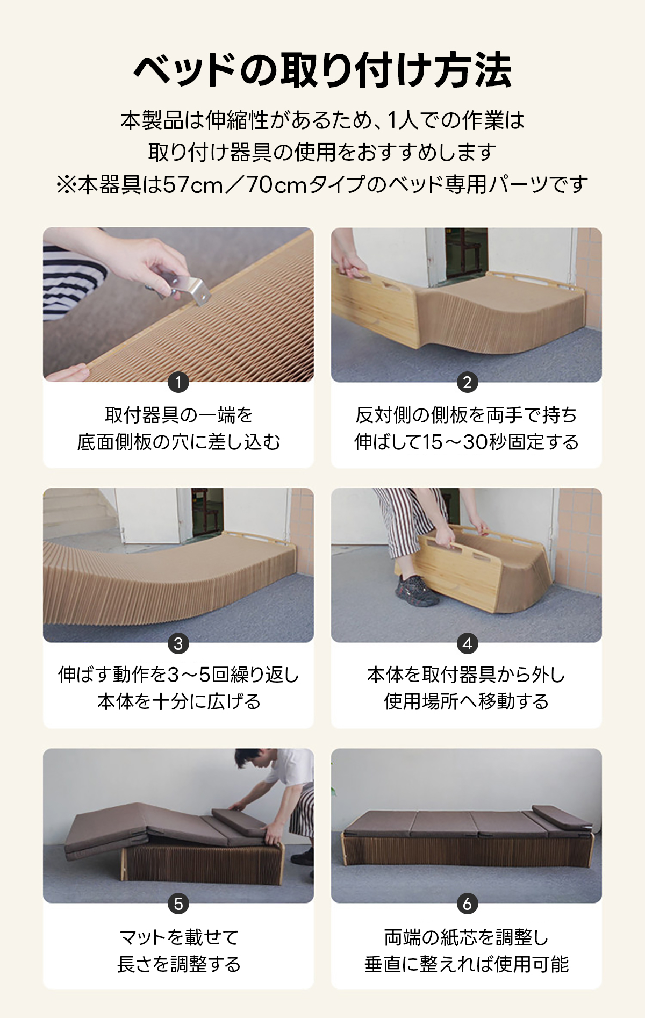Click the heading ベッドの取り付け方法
pyautogui.click(x=322, y=70)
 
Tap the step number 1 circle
pyautogui.click(x=178, y=382)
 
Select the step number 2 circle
pyautogui.click(x=467, y=382)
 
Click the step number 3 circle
pyautogui.click(x=178, y=643)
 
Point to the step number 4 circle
pyautogui.click(x=467, y=643)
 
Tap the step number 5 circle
pyautogui.click(x=178, y=904)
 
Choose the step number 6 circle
pyautogui.click(x=467, y=904)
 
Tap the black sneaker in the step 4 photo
pyautogui.click(x=415, y=591)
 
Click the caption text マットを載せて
pyautogui.click(x=178, y=937)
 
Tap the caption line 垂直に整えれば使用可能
pyautogui.click(x=467, y=964)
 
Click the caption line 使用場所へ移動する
pyautogui.click(x=467, y=701)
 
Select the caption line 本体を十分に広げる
pyautogui.click(x=178, y=701)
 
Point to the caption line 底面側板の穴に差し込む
pyautogui.click(x=178, y=442)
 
